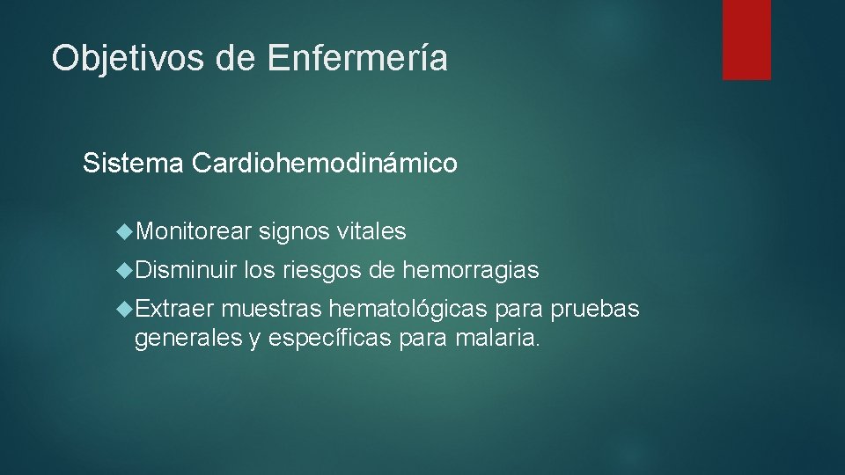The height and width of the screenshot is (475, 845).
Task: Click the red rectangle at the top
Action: tap(746, 39)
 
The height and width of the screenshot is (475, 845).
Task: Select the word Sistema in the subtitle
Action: tap(133, 164)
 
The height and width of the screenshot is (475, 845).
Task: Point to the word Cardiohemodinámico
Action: tap(324, 164)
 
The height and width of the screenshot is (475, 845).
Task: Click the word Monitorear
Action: tap(194, 231)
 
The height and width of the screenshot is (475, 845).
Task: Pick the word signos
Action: tap(294, 231)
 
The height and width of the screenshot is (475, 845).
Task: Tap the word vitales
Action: tap(371, 231)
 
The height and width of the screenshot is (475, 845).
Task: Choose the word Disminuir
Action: tap(187, 270)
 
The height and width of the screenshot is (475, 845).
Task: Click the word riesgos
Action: tap(323, 270)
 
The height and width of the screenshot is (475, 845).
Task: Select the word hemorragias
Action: tap(470, 270)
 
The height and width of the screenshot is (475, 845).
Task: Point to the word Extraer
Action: tap(175, 310)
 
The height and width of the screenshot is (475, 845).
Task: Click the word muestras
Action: tap(271, 310)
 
